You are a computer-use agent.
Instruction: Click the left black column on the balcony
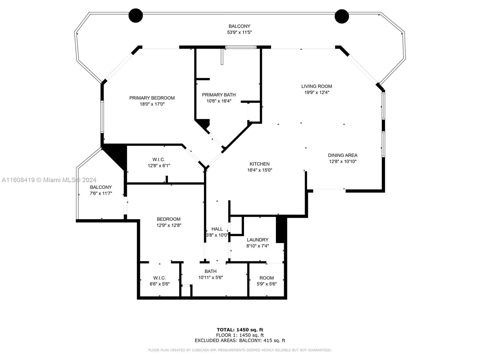(136, 16)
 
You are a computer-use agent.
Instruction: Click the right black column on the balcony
(342, 16)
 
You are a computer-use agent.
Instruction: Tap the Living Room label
(316, 86)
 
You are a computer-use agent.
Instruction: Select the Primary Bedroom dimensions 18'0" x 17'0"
(152, 104)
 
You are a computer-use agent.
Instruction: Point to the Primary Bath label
(219, 95)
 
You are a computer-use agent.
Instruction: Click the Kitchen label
(259, 164)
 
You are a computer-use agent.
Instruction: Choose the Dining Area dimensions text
(343, 161)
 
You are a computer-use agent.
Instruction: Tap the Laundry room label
(258, 240)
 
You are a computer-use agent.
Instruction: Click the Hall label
(217, 229)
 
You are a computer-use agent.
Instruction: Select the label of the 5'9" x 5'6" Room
(267, 278)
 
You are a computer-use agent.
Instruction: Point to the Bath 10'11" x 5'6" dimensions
(211, 277)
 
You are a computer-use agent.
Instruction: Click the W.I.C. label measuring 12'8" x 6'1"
(158, 160)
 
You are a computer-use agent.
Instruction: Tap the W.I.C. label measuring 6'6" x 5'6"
(159, 278)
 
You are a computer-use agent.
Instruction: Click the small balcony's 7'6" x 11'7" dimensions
(101, 193)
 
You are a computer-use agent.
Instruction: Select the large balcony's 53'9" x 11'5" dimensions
(239, 32)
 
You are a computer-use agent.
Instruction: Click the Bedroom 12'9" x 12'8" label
(169, 219)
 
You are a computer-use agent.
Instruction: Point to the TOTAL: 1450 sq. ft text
(240, 330)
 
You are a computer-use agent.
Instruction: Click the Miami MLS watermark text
(49, 180)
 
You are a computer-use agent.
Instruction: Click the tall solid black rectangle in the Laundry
(281, 229)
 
